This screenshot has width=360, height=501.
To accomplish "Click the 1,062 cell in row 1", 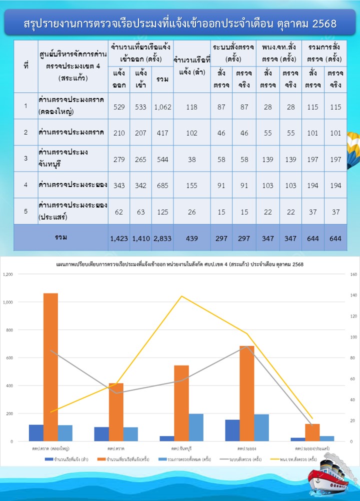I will [x=162, y=106].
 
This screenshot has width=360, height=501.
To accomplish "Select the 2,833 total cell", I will [x=162, y=238].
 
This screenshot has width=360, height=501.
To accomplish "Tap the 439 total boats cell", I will [x=190, y=238].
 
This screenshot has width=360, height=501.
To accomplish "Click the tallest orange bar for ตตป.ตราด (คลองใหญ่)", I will [x=50, y=367].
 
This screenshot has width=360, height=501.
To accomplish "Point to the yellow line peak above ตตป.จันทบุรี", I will [x=181, y=296].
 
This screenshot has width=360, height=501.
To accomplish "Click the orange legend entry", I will [x=125, y=458].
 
